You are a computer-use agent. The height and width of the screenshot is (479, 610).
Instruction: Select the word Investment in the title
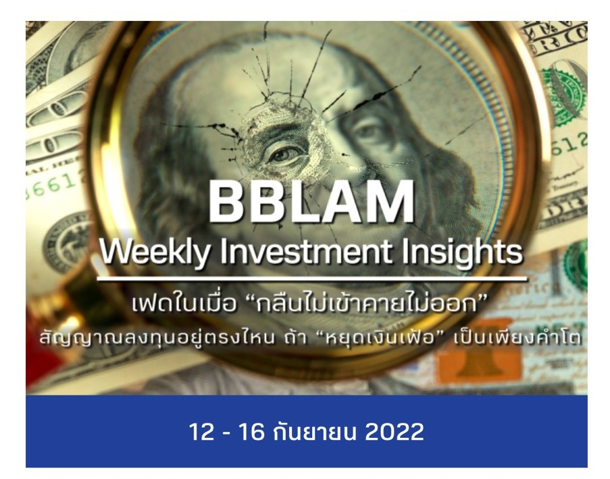(283, 253)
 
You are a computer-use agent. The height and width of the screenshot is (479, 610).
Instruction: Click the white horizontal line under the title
(311, 277)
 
